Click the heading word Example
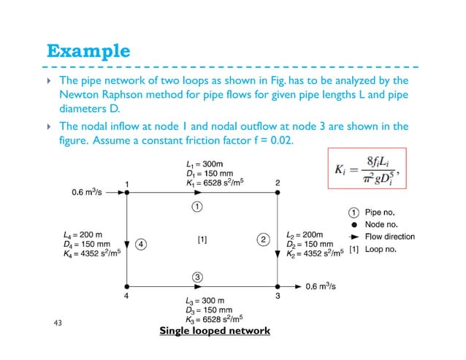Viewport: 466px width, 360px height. coord(88,52)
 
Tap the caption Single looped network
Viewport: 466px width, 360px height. coord(215,331)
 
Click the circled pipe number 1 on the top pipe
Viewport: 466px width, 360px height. coord(197,207)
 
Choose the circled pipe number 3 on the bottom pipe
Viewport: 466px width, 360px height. coord(197,276)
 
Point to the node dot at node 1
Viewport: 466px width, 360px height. coord(127,193)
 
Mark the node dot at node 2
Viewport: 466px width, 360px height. coord(277,193)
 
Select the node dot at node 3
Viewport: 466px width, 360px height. coord(277,286)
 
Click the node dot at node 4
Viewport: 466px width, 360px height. coord(127,286)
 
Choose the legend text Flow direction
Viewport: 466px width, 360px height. coord(389,237)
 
